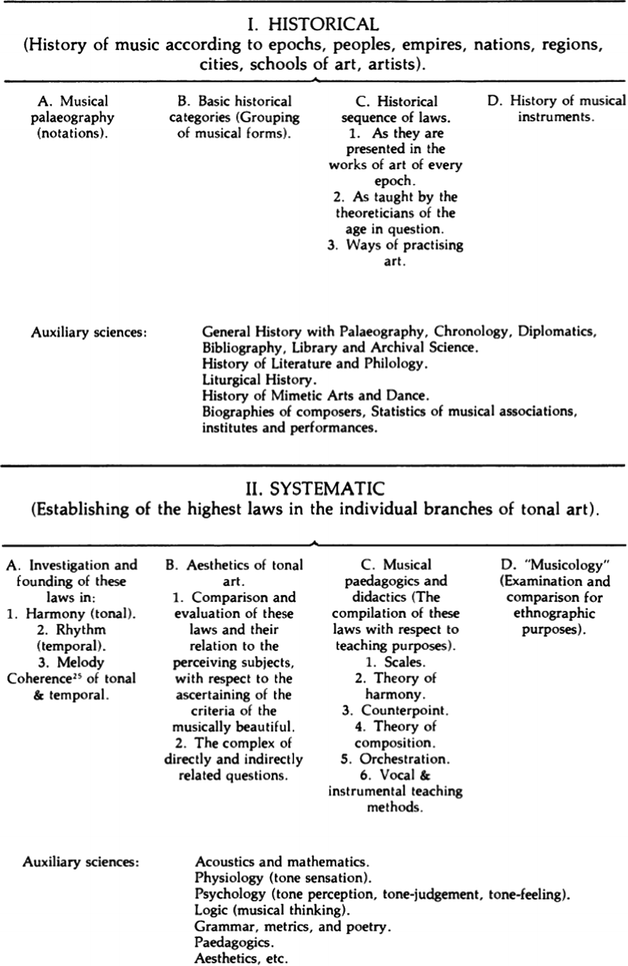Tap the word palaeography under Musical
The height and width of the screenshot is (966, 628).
(x=72, y=118)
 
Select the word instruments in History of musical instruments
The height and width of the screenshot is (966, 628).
(x=556, y=117)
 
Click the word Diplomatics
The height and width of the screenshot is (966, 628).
(x=557, y=331)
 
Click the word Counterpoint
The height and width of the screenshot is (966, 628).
(x=404, y=710)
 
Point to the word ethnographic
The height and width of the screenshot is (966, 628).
(x=554, y=613)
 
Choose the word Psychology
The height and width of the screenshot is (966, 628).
(x=230, y=894)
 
